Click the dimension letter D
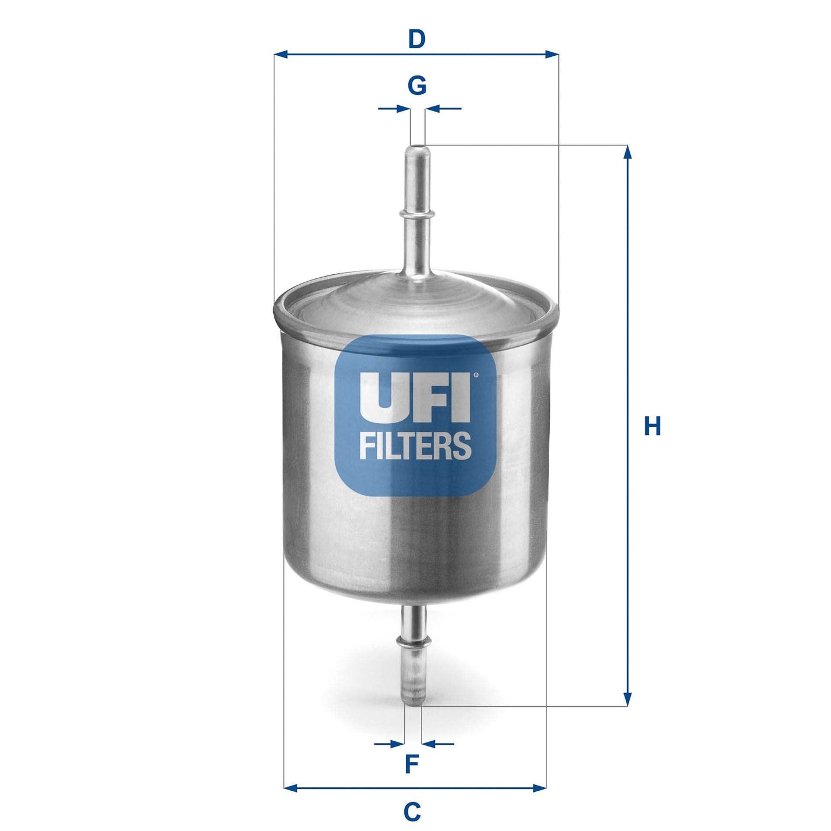(416, 40)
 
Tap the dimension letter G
(417, 86)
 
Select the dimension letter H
(652, 427)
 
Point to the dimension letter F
(411, 764)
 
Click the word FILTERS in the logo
(415, 446)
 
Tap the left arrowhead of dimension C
(291, 787)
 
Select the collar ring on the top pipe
(416, 213)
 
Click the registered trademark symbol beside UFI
(476, 376)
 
